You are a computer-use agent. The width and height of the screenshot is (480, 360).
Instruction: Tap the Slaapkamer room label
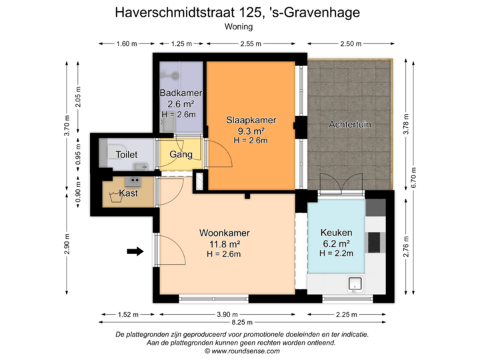point(250,120)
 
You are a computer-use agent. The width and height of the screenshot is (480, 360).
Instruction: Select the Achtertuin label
point(350,124)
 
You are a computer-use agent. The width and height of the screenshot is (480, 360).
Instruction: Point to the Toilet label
point(127,155)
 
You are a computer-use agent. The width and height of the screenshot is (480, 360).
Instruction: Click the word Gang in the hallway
point(181,155)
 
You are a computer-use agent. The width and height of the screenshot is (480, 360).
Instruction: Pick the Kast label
point(128,193)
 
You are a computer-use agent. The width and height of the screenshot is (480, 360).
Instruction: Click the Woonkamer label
point(224,233)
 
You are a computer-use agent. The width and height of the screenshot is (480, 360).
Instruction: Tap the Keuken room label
point(335,233)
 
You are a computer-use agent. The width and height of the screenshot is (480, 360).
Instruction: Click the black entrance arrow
point(135,251)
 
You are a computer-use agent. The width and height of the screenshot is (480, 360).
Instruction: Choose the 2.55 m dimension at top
point(251,44)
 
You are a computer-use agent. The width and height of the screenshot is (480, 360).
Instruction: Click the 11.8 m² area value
point(224,243)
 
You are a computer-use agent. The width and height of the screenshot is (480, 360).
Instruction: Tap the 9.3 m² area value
point(250,131)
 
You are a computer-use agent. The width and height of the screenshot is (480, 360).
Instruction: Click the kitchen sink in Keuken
point(355,283)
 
